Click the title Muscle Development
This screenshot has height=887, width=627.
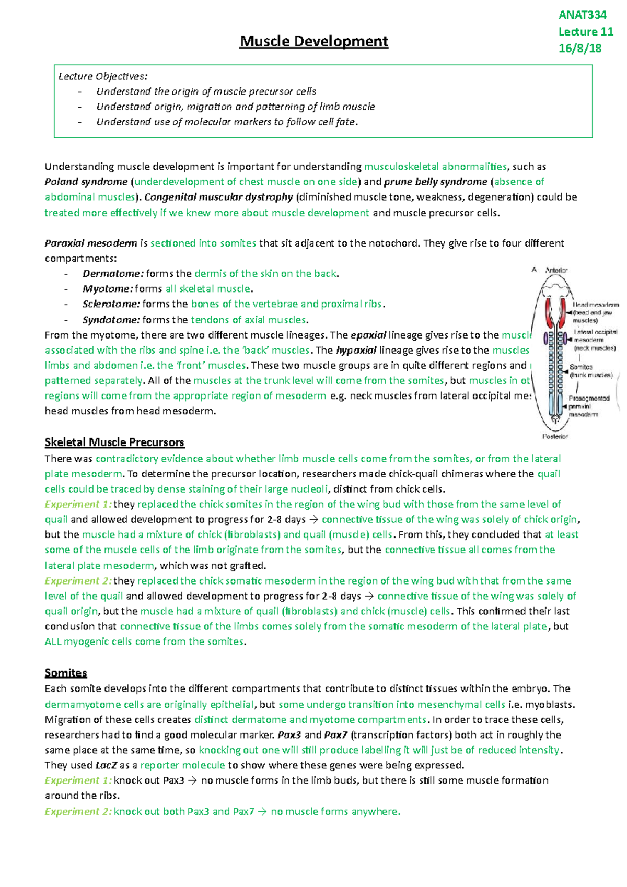(x=313, y=41)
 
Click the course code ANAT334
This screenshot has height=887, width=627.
(x=582, y=15)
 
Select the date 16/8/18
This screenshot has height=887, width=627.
(x=579, y=49)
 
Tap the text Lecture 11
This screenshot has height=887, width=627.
(x=585, y=32)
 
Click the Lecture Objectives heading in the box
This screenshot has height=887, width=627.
(x=103, y=76)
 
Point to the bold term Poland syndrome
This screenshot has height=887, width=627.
(x=86, y=182)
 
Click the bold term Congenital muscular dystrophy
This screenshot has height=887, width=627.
(x=218, y=197)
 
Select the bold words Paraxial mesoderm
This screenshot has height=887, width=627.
(x=91, y=243)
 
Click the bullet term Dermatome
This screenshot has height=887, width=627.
(x=112, y=274)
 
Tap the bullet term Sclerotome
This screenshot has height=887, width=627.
(x=111, y=304)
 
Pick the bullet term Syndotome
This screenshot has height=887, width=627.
(x=111, y=320)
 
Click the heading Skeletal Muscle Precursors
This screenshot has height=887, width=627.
(x=114, y=442)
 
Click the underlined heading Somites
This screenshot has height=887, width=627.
(x=66, y=673)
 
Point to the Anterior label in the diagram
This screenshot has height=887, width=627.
(x=556, y=270)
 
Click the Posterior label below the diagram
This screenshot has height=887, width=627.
(x=555, y=436)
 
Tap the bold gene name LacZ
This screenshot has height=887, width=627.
(x=106, y=765)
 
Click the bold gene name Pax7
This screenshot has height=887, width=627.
(x=335, y=735)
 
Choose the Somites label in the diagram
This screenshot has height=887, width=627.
(x=580, y=367)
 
